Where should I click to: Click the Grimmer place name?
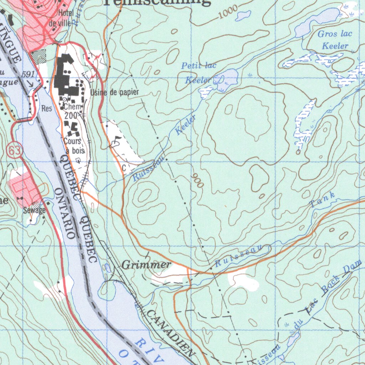coord(146,265)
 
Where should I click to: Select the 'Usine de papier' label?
coord(114,93)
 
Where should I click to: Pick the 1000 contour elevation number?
coord(228,14)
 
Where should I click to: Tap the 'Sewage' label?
coord(35,210)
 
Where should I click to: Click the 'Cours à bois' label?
coord(73,146)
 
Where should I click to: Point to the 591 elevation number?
coord(28,74)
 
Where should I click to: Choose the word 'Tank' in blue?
coord(323,200)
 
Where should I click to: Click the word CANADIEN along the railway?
coord(171,334)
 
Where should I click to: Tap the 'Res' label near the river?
coord(46,108)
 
